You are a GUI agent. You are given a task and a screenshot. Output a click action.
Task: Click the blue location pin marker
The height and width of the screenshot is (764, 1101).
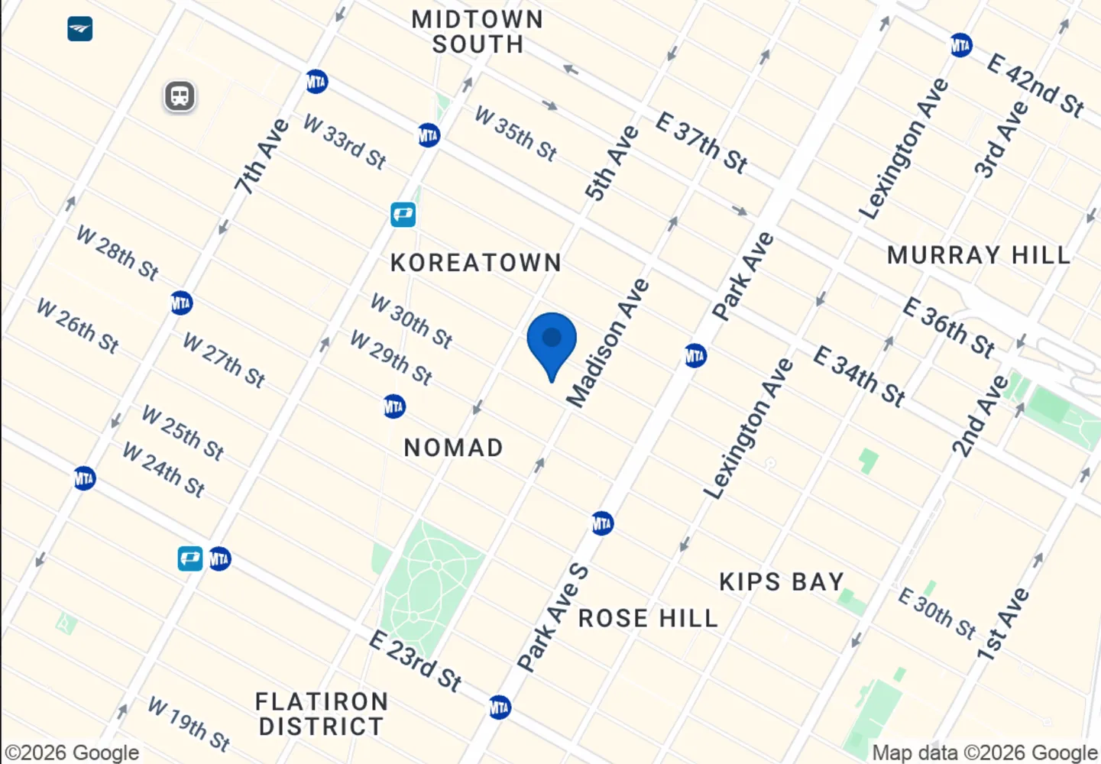(x=552, y=340)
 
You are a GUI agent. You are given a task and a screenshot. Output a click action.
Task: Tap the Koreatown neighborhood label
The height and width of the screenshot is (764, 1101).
(x=476, y=263)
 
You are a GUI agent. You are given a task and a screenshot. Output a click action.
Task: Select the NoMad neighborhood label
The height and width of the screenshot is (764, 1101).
(x=453, y=448)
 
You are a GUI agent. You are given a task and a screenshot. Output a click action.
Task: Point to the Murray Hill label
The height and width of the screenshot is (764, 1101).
(x=979, y=255)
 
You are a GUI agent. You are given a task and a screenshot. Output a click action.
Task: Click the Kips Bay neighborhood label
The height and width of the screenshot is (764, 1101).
(x=782, y=582)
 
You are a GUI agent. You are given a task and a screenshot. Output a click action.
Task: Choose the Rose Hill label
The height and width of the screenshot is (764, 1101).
(x=648, y=618)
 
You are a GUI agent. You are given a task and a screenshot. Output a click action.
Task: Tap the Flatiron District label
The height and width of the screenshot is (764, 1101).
(x=322, y=714)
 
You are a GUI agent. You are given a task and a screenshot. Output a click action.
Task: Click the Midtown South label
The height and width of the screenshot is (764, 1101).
(x=478, y=32)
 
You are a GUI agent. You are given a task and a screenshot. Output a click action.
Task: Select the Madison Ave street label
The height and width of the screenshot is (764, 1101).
(x=608, y=343)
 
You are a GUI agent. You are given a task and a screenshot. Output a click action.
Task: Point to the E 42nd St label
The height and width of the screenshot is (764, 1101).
(x=1035, y=85)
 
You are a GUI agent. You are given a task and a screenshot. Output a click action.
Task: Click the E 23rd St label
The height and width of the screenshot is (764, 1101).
(x=416, y=661)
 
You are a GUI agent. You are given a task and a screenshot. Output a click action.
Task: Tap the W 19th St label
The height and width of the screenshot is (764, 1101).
(x=189, y=723)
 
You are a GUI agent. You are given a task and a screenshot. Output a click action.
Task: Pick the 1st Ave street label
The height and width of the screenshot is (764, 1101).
(x=1003, y=624)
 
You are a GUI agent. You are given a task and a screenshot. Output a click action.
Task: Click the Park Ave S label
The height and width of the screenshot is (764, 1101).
(x=553, y=617)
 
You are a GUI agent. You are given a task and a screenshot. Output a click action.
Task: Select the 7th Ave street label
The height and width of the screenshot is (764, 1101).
(x=262, y=156)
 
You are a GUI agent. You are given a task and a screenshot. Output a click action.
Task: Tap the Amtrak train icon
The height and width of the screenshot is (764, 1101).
(x=80, y=29)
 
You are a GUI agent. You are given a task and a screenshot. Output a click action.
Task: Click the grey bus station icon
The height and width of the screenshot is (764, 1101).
(x=180, y=96)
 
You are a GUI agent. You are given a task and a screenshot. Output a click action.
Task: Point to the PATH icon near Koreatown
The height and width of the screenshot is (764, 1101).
(x=403, y=214)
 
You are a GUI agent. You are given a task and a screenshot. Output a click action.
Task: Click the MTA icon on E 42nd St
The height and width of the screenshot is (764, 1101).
(x=960, y=45)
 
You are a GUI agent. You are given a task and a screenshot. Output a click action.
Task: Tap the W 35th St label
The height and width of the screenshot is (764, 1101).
(x=516, y=134)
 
